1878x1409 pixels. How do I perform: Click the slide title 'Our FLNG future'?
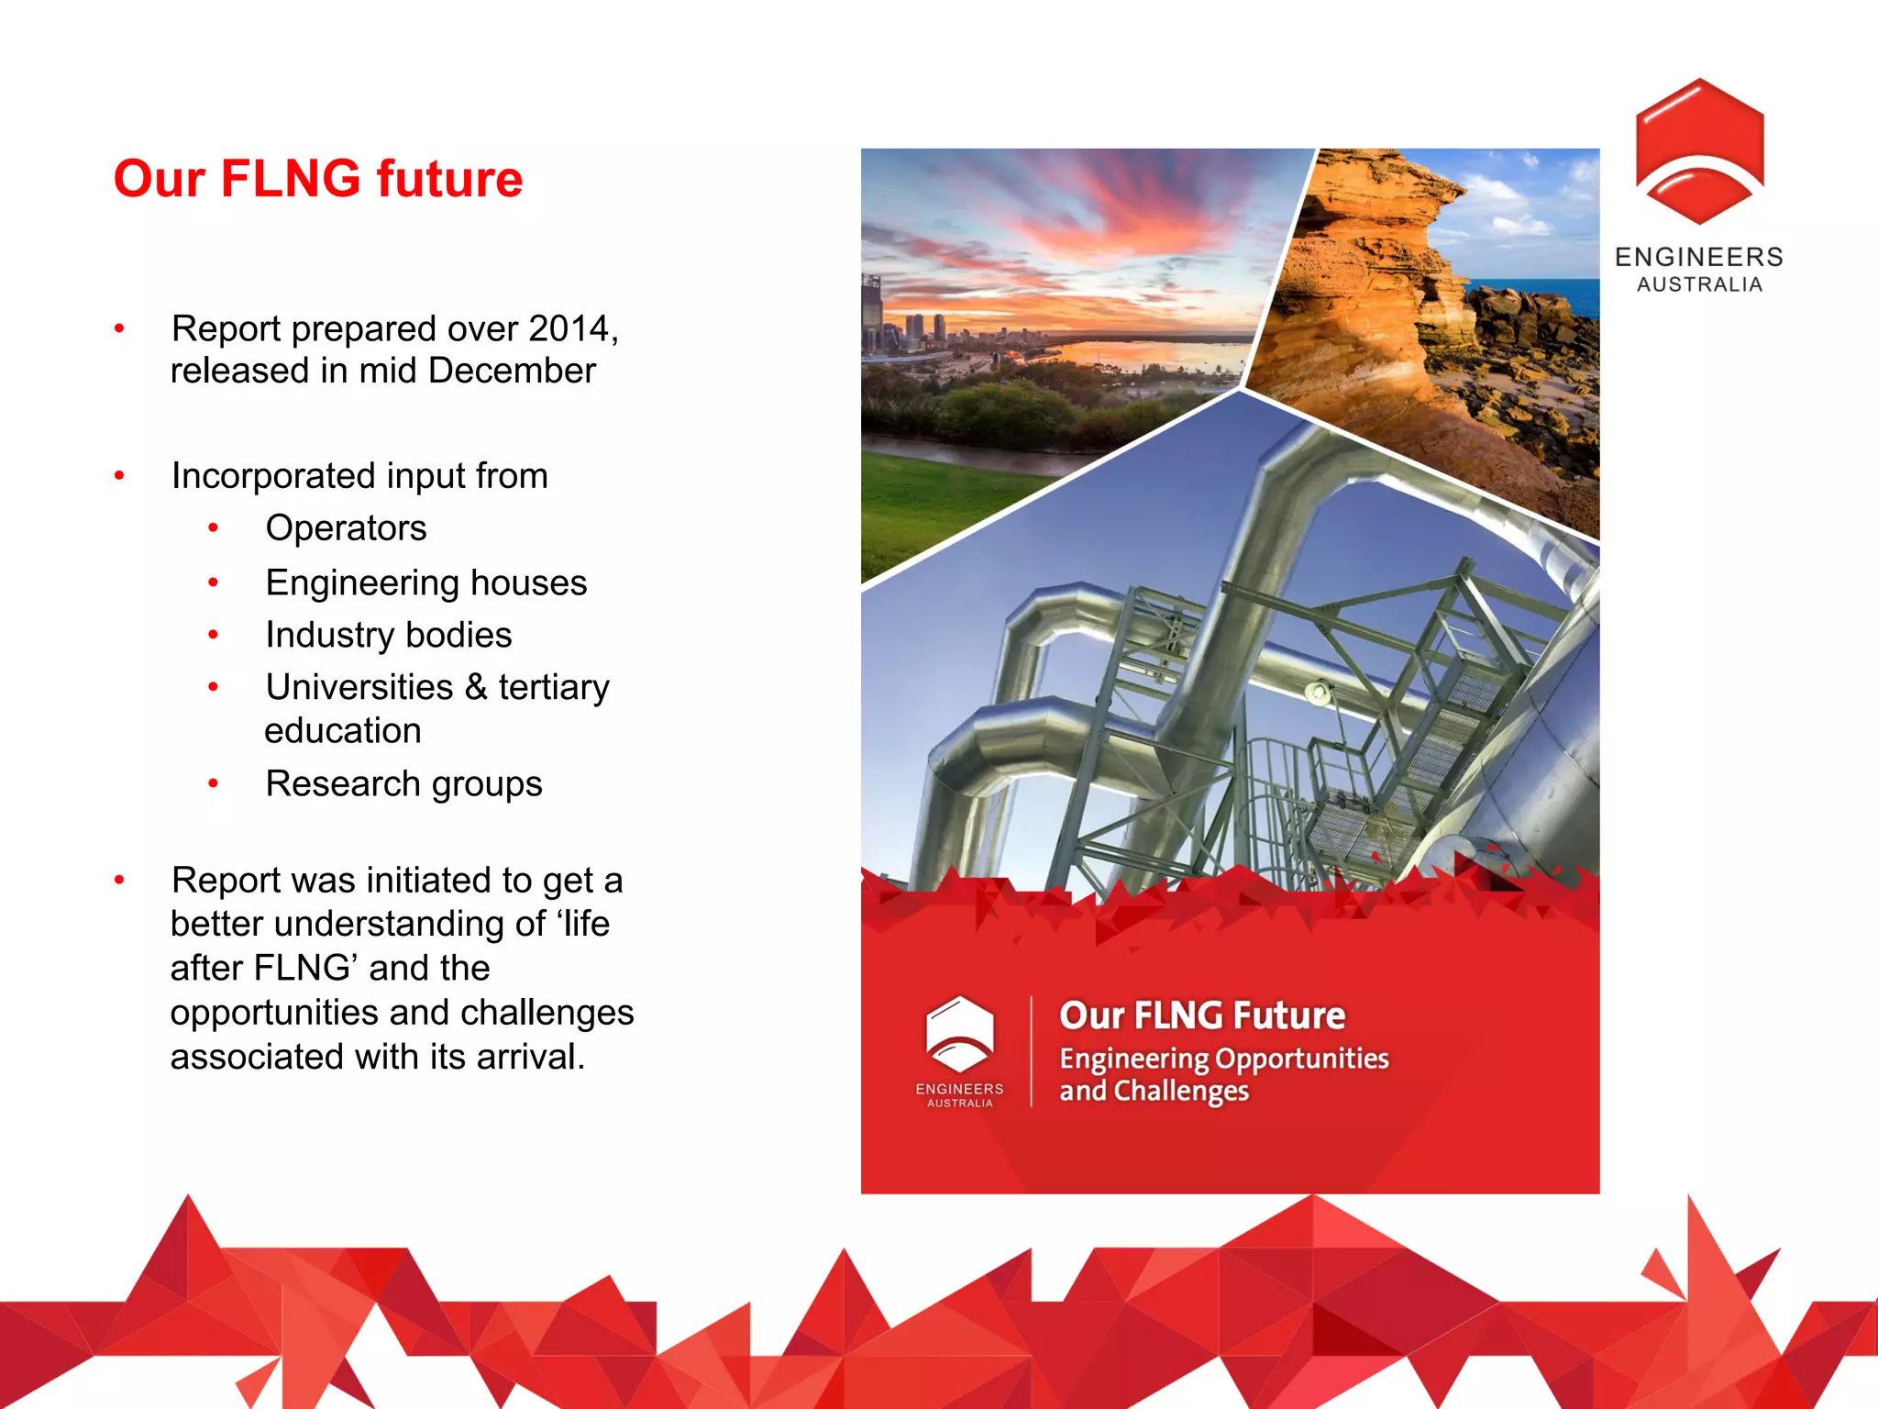coord(317,178)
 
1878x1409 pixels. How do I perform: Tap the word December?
coord(512,371)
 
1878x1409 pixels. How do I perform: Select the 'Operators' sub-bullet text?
coord(346,528)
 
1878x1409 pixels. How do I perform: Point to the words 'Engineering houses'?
coord(425,582)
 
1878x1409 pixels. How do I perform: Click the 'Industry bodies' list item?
coord(388,635)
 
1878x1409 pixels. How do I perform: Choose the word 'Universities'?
coord(359,687)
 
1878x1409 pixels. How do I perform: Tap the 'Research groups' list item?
coord(403,784)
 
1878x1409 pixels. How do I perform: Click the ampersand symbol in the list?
coord(475,687)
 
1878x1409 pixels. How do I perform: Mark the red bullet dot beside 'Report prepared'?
coord(119,328)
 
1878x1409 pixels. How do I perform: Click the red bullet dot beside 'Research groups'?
coord(213,784)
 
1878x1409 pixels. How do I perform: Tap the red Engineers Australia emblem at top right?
coord(1699,151)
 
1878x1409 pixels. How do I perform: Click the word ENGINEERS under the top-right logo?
coord(1699,257)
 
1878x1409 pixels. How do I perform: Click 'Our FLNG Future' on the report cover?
coord(1202,1015)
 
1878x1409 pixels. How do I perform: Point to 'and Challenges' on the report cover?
coord(1154,1091)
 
